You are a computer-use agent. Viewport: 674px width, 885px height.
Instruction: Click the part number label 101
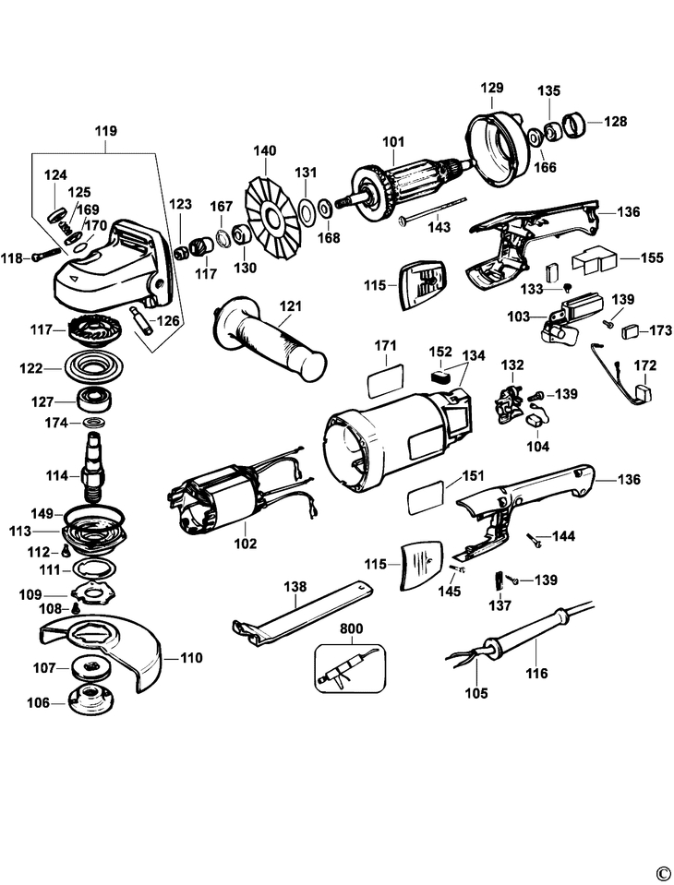pyautogui.click(x=394, y=141)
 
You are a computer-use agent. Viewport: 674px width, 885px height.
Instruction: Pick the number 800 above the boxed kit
pyautogui.click(x=351, y=628)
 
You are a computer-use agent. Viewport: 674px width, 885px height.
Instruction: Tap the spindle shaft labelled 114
pyautogui.click(x=96, y=465)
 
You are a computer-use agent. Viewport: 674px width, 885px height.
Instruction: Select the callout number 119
pyautogui.click(x=105, y=131)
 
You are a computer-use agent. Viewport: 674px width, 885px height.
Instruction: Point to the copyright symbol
pyautogui.click(x=662, y=873)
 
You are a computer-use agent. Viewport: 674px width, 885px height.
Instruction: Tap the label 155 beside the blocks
pyautogui.click(x=651, y=257)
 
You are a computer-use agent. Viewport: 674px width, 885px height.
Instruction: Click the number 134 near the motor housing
pyautogui.click(x=473, y=355)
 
